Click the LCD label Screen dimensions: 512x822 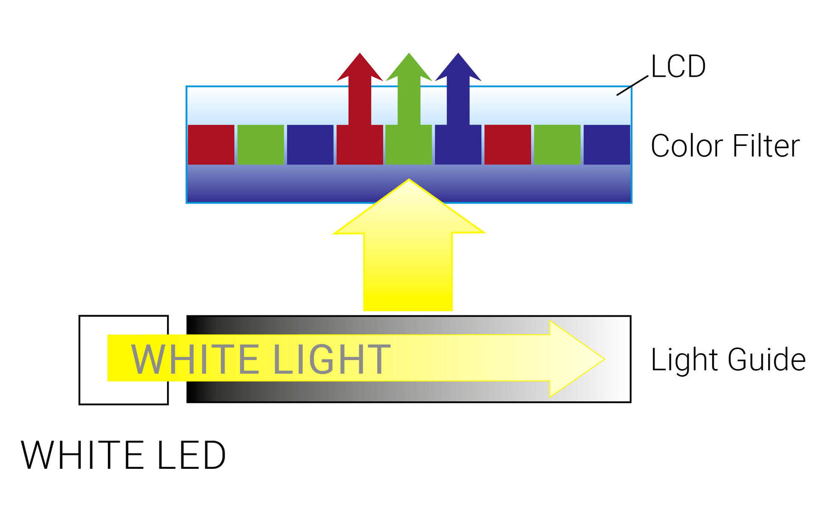[x=678, y=66]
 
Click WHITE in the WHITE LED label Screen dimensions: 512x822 [x=82, y=455]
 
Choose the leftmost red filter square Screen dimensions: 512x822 [x=211, y=144]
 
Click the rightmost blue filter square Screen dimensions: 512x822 [x=607, y=144]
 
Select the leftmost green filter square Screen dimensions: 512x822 [x=260, y=144]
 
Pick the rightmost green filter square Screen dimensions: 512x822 [x=557, y=144]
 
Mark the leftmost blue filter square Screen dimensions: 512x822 [x=310, y=144]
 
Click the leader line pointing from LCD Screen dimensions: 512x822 [x=632, y=85]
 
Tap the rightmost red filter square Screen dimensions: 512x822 [x=508, y=144]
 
